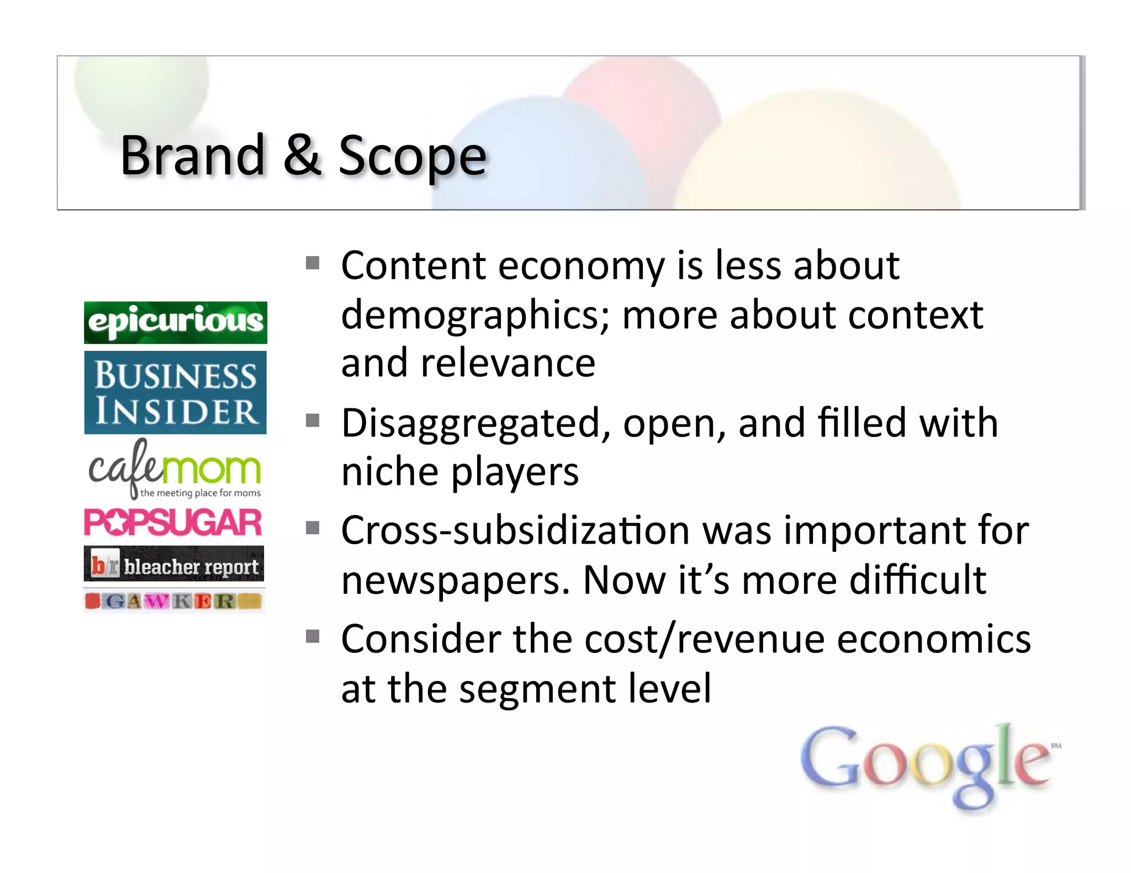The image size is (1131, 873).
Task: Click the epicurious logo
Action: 176,322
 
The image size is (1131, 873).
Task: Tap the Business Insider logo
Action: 176,392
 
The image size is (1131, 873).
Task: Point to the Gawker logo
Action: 174,601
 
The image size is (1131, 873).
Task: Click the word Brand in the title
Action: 193,156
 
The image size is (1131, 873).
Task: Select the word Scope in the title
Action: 412,157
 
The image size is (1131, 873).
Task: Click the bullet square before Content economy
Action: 313,262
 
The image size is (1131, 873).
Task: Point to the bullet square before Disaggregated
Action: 313,420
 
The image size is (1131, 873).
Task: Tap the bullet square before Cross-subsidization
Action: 313,528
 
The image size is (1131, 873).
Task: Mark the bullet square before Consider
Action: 313,637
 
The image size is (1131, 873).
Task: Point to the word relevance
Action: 508,364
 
